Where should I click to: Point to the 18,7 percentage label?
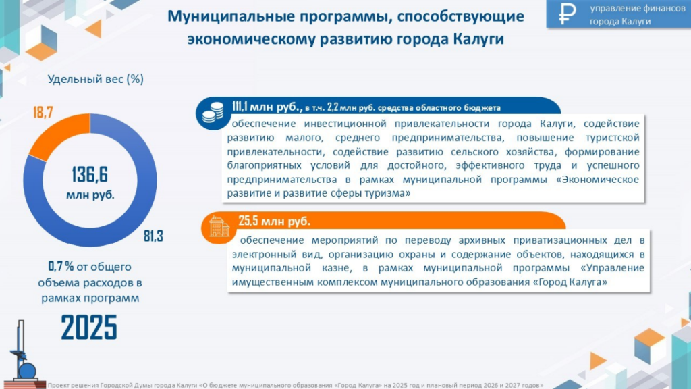point(43,113)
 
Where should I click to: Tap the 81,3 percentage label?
point(153,236)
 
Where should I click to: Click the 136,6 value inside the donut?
point(90,175)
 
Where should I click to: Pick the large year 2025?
point(89,328)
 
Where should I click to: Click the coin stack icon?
point(213,113)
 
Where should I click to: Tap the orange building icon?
point(219,227)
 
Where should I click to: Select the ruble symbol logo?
point(567,14)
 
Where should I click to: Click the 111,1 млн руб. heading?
point(267,107)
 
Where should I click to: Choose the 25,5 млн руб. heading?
point(274,221)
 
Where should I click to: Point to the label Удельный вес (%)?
point(96,80)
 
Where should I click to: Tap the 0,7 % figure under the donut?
point(61,266)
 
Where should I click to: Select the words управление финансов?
point(637,8)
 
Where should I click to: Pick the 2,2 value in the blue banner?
point(333,107)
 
